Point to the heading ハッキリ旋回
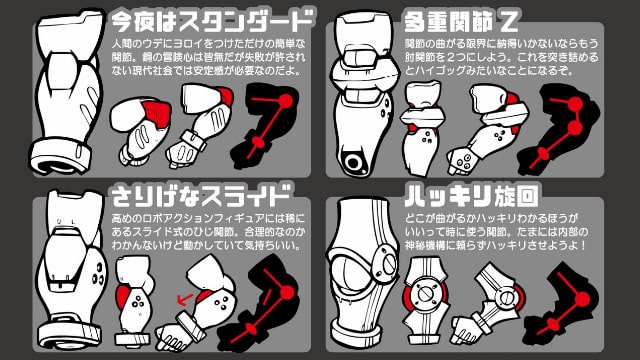(x=451, y=193)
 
